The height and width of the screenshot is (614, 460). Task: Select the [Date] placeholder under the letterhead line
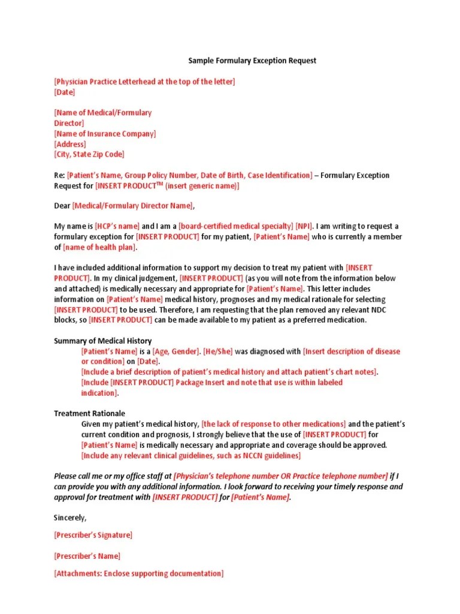pos(65,92)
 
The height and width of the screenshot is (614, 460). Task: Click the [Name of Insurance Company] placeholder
pos(105,134)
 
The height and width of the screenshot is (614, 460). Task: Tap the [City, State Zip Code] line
pos(89,154)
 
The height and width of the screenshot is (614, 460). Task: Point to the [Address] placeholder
pos(70,144)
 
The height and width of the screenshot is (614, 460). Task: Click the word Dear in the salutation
pos(62,206)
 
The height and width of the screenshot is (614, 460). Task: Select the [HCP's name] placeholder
pos(117,226)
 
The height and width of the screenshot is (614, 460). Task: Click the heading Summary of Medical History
pos(103,341)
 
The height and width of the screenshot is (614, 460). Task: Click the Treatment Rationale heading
pos(90,414)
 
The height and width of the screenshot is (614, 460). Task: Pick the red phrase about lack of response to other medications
pos(274,424)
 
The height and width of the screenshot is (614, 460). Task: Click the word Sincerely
pos(70,517)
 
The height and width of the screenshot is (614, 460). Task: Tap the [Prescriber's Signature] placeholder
pos(93,535)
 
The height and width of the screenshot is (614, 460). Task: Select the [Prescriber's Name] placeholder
pos(87,556)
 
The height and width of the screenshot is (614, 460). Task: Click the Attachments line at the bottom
pos(139,573)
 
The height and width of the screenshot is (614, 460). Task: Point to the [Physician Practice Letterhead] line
pos(144,82)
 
